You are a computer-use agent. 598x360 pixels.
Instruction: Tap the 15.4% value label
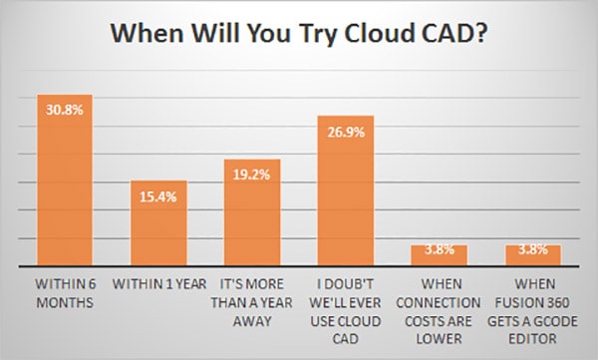click(x=158, y=193)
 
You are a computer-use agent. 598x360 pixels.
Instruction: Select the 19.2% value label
click(x=252, y=173)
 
